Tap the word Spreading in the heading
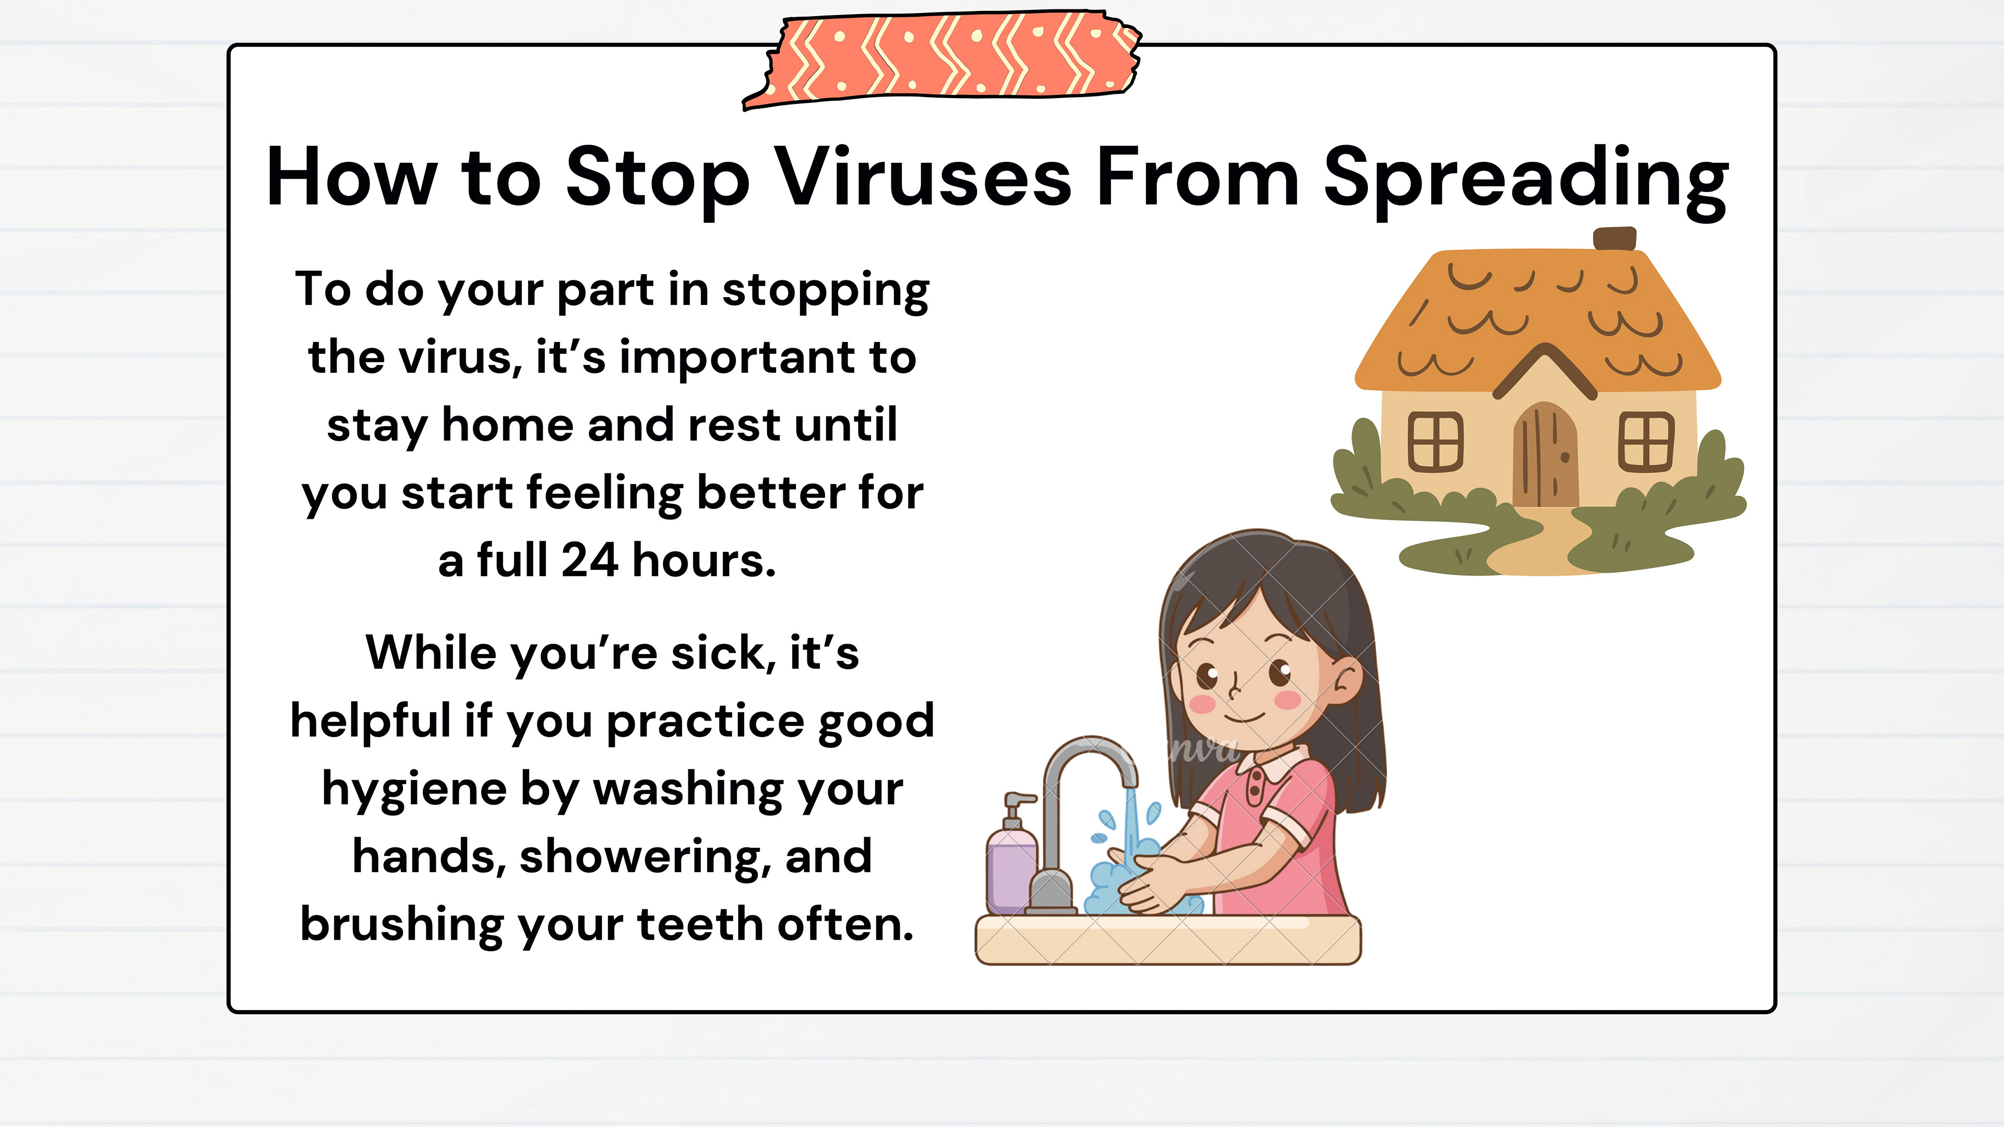click(1525, 182)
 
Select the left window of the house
click(1435, 441)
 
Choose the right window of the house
click(1646, 441)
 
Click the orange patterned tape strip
click(942, 59)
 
